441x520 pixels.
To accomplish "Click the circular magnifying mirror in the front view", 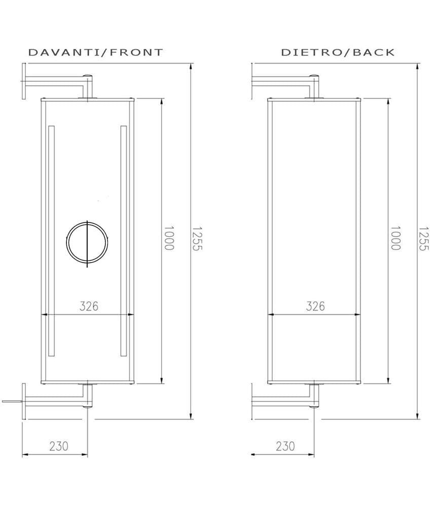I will [x=87, y=244].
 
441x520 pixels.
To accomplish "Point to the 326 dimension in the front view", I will [x=89, y=306].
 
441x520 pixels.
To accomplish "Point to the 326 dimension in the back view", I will [x=315, y=306].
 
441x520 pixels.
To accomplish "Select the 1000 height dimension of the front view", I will [x=169, y=238].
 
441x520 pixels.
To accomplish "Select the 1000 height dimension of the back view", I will [x=395, y=238].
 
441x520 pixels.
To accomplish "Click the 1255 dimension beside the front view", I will [x=197, y=238].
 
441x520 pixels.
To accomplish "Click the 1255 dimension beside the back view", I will [x=424, y=238].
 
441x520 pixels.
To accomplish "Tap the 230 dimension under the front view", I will [x=58, y=446].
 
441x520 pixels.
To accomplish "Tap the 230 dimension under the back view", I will [x=285, y=446].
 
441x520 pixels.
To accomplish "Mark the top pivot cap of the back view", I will [x=315, y=77].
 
